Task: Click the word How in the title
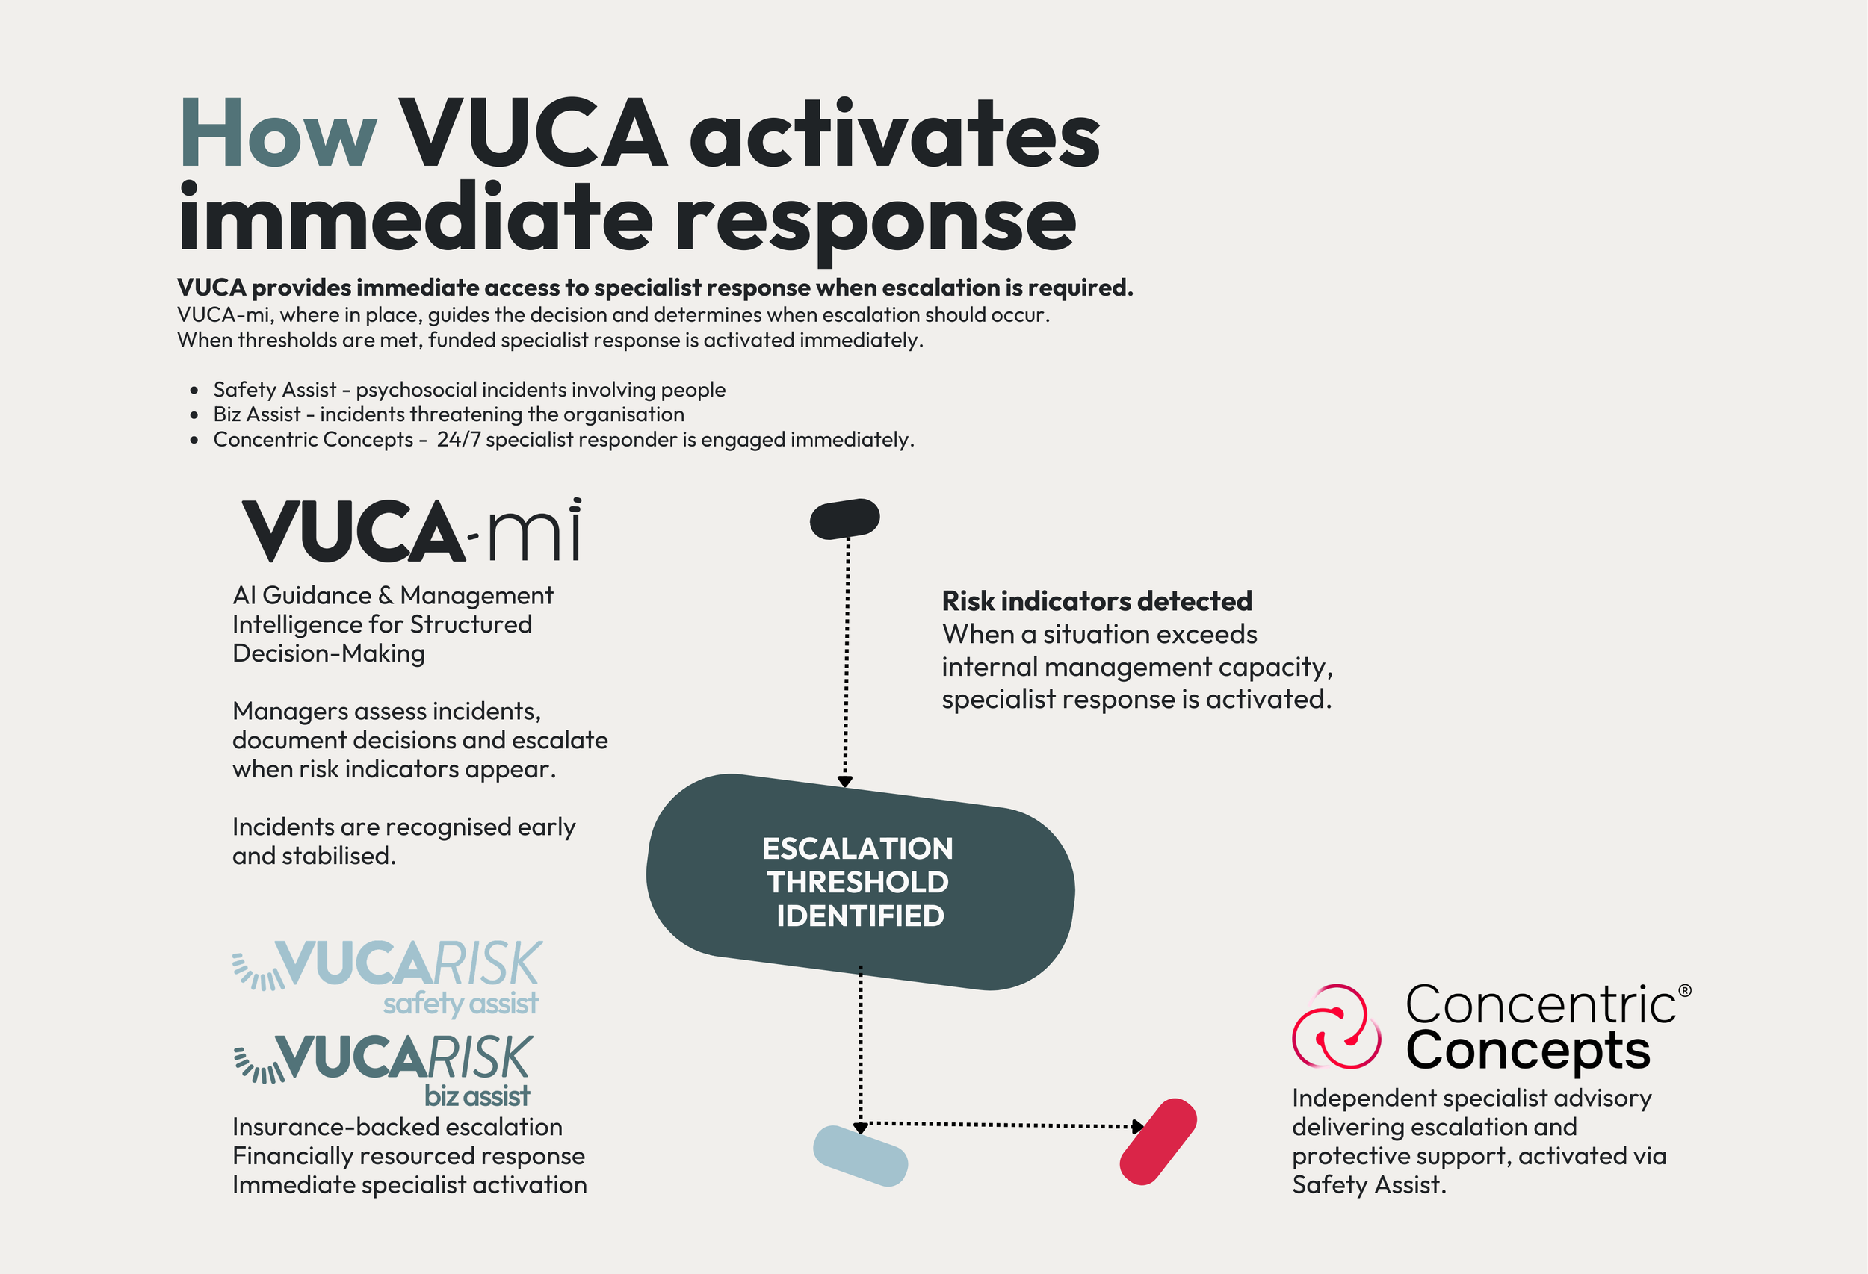pyautogui.click(x=277, y=134)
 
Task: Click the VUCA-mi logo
pyautogui.click(x=412, y=531)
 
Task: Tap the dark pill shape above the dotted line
pyautogui.click(x=844, y=519)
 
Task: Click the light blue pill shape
pyautogui.click(x=860, y=1156)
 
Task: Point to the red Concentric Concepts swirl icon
pyautogui.click(x=1336, y=1026)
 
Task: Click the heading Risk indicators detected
pyautogui.click(x=1096, y=601)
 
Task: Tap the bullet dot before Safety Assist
pyautogui.click(x=194, y=391)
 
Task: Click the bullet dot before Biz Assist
pyautogui.click(x=194, y=415)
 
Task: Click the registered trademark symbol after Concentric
pyautogui.click(x=1685, y=991)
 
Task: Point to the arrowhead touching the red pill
pyautogui.click(x=1137, y=1126)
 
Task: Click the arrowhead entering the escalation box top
pyautogui.click(x=845, y=781)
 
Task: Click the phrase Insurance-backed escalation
pyautogui.click(x=397, y=1127)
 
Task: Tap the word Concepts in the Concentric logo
pyautogui.click(x=1527, y=1051)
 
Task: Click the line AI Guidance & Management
pyautogui.click(x=392, y=595)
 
